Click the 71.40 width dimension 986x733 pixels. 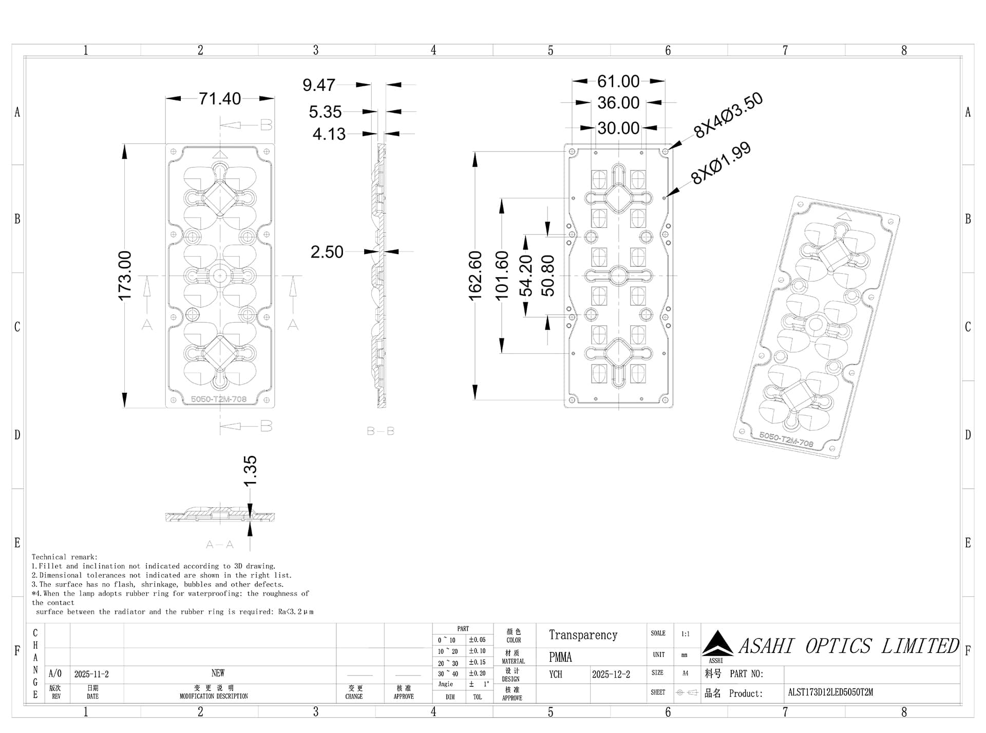(x=220, y=99)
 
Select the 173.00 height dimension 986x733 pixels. (x=125, y=276)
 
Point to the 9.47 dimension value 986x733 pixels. (x=319, y=85)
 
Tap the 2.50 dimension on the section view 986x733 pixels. (x=327, y=252)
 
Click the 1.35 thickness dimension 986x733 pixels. (x=250, y=471)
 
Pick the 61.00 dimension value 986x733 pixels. (x=618, y=82)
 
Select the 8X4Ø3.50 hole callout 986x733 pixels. (x=728, y=115)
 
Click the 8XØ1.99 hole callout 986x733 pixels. (x=721, y=163)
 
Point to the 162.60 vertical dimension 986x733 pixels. (x=476, y=276)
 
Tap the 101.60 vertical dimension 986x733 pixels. (x=502, y=276)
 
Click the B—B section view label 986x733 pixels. (x=381, y=432)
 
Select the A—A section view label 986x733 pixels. (x=220, y=545)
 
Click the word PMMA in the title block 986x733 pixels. (x=560, y=658)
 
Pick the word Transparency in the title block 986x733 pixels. (x=583, y=635)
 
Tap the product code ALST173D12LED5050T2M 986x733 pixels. (x=830, y=692)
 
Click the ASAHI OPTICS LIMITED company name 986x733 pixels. (x=848, y=646)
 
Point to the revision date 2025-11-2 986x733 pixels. (x=91, y=674)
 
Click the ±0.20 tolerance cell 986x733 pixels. (x=477, y=673)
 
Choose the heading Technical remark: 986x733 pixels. (x=65, y=557)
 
